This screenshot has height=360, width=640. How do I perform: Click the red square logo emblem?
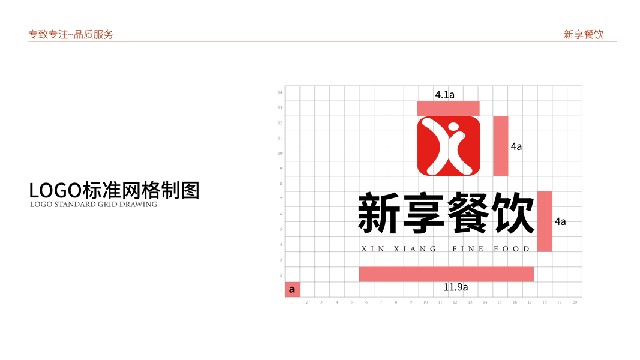449,146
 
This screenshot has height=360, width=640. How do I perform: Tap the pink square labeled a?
292,289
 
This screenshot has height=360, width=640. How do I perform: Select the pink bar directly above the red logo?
448,108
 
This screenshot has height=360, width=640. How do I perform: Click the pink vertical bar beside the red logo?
501,146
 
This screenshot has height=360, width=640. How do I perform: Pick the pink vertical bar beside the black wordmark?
545,221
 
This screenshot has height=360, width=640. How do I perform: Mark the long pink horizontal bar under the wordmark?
447,274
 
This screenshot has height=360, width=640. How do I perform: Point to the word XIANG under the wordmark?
416,248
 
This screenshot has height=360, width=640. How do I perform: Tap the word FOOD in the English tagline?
512,248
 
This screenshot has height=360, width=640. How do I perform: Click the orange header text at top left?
71,35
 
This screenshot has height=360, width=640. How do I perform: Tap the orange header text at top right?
583,35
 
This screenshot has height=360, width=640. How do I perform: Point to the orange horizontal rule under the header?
322,41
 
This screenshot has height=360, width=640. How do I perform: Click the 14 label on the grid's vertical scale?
280,92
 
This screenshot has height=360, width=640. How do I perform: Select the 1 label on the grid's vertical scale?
280,290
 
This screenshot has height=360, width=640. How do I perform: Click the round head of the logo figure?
452,127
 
